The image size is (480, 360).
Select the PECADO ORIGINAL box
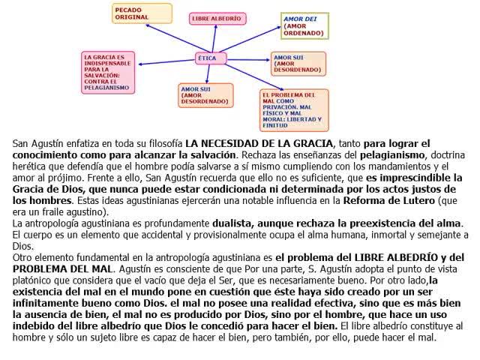138,13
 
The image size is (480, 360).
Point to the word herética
34,166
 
